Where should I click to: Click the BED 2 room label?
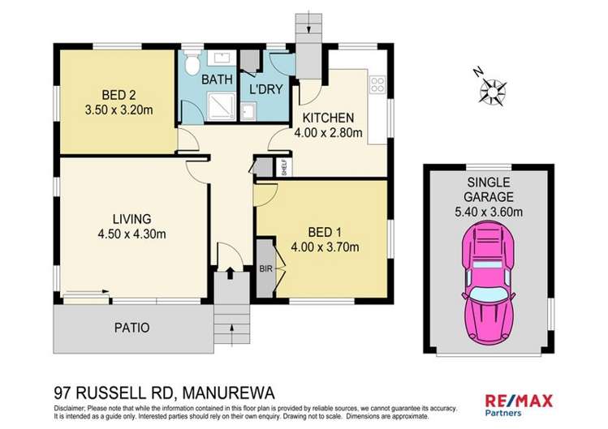pyautogui.click(x=119, y=92)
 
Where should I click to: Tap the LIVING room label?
pyautogui.click(x=132, y=217)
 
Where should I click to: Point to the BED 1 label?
pyautogui.click(x=320, y=230)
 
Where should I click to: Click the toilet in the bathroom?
pyautogui.click(x=192, y=62)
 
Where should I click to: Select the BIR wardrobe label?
pyautogui.click(x=265, y=266)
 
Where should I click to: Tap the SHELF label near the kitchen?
pyautogui.click(x=283, y=168)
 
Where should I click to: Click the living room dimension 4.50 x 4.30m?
pyautogui.click(x=132, y=235)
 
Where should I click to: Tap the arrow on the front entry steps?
pyautogui.click(x=231, y=329)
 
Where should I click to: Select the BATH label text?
pyautogui.click(x=218, y=79)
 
